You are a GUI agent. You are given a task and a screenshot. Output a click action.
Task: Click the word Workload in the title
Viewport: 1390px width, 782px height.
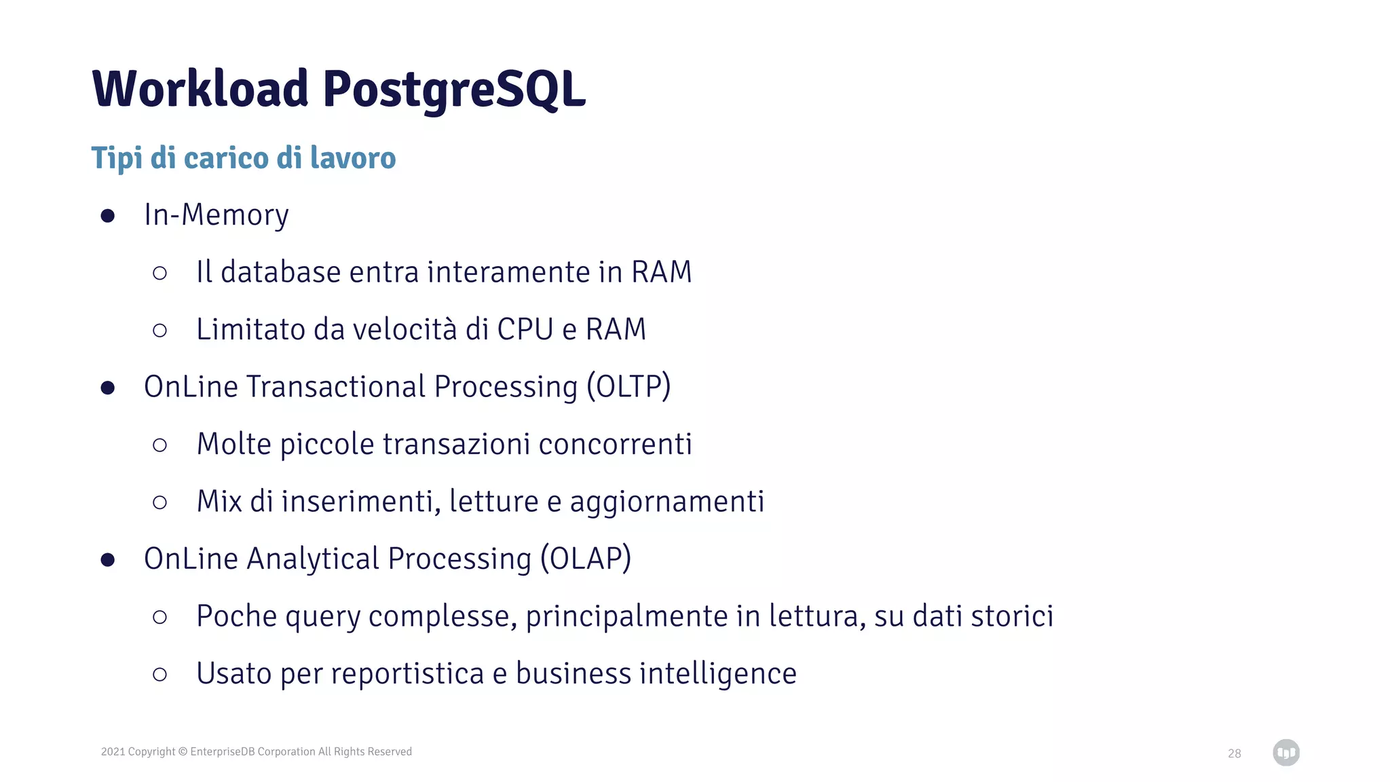pos(200,90)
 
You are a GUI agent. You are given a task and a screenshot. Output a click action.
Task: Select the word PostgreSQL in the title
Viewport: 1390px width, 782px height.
pos(453,90)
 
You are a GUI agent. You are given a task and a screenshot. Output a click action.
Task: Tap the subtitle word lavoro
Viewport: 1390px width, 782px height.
pos(352,157)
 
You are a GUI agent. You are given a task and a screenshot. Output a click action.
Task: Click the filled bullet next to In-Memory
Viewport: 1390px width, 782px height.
pos(107,216)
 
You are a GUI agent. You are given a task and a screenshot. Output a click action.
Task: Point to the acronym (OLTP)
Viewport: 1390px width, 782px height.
pos(628,386)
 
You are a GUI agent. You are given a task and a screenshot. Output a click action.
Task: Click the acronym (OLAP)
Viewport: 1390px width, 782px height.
pos(586,559)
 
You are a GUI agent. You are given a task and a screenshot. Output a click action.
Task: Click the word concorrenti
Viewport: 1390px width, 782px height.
pos(615,444)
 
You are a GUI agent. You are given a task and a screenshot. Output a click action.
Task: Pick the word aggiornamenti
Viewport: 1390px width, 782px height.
pos(666,502)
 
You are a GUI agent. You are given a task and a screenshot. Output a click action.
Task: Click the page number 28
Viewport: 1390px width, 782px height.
pos(1234,753)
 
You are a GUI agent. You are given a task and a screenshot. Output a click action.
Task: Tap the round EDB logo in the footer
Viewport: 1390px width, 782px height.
pos(1285,752)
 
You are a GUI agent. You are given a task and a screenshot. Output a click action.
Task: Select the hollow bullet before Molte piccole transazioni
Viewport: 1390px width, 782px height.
pos(160,445)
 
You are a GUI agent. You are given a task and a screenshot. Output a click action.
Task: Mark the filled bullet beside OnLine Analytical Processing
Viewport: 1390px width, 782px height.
pos(107,560)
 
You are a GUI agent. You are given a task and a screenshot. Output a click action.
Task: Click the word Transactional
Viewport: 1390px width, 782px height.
pos(335,386)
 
